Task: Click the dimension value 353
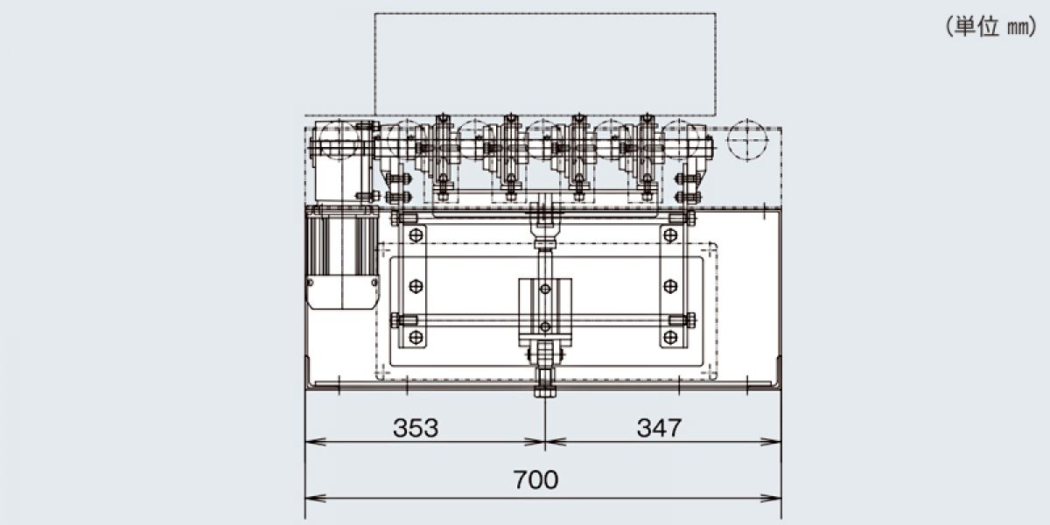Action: (x=416, y=428)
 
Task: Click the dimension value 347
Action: (x=659, y=428)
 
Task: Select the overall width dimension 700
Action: (x=535, y=479)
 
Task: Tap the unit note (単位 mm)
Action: (x=990, y=27)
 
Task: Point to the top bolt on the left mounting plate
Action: (x=416, y=235)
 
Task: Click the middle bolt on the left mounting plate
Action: (x=416, y=286)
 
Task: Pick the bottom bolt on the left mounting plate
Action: (x=416, y=337)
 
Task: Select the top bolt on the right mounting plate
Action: (x=670, y=235)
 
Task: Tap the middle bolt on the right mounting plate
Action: (x=670, y=286)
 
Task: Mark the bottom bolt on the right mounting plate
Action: (x=670, y=337)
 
